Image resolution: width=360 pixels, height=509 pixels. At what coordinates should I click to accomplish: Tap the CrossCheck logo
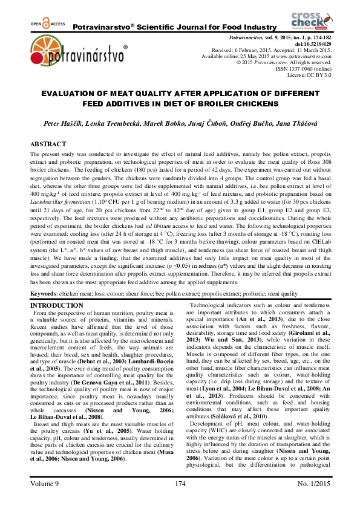click(x=310, y=19)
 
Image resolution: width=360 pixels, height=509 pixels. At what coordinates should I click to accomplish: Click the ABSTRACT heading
click(x=48, y=144)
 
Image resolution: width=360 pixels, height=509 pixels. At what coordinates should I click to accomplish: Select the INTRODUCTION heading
click(x=57, y=305)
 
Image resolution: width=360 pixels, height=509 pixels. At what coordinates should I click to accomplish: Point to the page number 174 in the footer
click(x=179, y=501)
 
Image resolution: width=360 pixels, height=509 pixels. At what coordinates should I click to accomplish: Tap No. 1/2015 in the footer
click(x=310, y=501)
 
